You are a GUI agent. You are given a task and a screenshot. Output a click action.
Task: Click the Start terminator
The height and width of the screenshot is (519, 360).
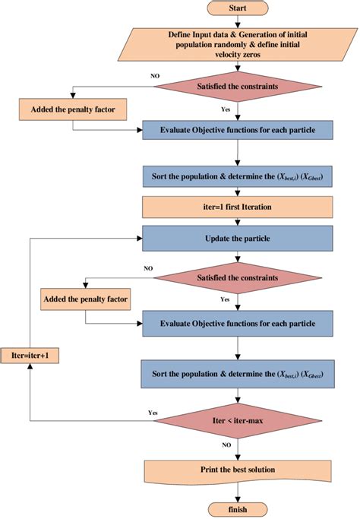click(238, 8)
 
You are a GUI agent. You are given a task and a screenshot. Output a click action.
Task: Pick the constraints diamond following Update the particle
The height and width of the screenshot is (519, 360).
click(238, 277)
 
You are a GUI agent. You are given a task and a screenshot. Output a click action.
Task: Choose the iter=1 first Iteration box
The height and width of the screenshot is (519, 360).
click(238, 206)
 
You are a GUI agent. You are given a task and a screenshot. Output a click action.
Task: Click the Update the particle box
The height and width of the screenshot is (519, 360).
click(238, 239)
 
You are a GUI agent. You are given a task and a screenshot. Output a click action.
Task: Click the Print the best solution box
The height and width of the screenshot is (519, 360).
click(238, 470)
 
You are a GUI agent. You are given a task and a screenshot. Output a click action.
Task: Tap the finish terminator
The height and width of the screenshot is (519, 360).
click(238, 508)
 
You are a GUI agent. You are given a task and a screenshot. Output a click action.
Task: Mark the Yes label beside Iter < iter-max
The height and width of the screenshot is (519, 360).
click(152, 413)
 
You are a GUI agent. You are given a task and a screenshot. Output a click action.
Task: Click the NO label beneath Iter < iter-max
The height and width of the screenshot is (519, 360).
click(226, 445)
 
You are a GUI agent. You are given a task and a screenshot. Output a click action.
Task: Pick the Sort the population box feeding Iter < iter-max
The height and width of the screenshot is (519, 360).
click(238, 374)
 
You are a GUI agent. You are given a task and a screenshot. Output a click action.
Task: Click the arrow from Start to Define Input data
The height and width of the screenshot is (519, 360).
click(238, 21)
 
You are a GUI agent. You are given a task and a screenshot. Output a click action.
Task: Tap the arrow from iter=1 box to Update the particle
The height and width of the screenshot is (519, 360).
click(238, 221)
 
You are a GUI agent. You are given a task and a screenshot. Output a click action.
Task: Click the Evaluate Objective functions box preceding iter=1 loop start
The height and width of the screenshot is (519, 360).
click(238, 129)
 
